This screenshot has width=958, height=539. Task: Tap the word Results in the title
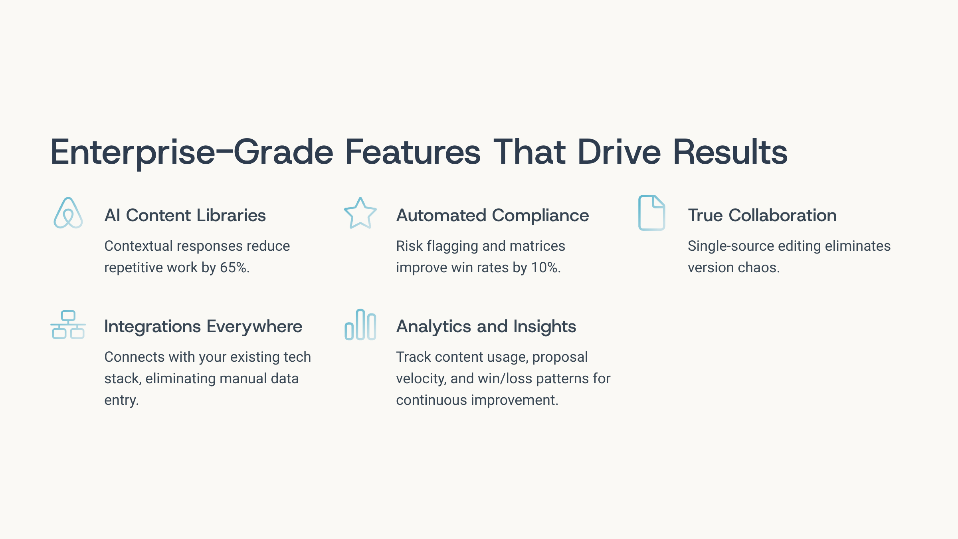[730, 152]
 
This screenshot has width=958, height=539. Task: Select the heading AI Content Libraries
[185, 215]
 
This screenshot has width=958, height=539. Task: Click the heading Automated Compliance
[493, 216]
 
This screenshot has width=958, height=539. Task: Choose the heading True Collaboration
[762, 215]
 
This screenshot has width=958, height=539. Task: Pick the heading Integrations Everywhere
[203, 327]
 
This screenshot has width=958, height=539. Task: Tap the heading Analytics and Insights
[486, 327]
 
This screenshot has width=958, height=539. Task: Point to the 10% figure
[546, 268]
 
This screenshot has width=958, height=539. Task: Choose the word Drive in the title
[619, 152]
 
